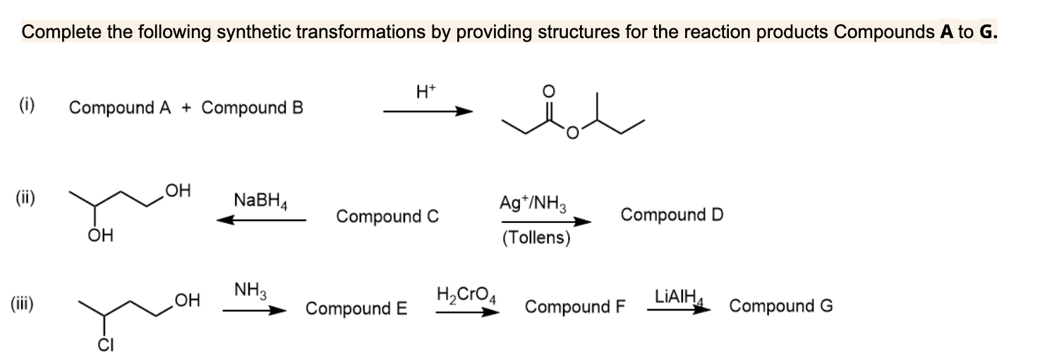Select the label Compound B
(x=253, y=108)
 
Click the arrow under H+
(x=427, y=111)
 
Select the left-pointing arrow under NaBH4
(x=260, y=220)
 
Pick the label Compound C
(x=387, y=216)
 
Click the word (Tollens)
(x=536, y=238)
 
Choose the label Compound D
(x=672, y=214)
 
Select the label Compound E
(x=356, y=308)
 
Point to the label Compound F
(x=576, y=307)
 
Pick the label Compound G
(x=781, y=306)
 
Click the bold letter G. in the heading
(x=988, y=32)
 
